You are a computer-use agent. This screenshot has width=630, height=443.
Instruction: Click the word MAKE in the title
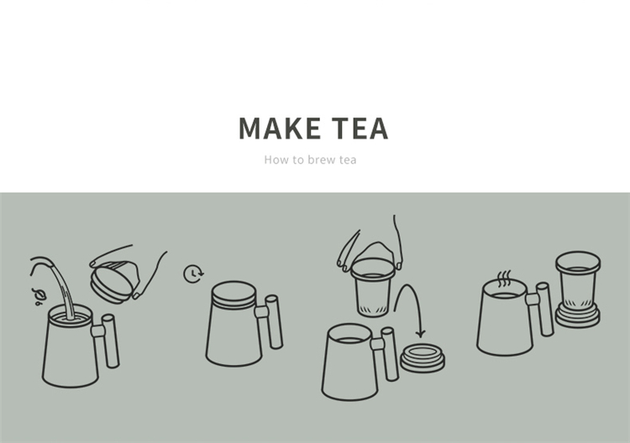click(x=280, y=128)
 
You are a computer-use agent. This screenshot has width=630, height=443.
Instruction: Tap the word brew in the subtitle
click(x=321, y=159)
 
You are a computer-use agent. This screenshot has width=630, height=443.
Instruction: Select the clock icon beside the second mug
click(x=194, y=274)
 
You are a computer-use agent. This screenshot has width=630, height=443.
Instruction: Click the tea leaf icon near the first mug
click(x=39, y=296)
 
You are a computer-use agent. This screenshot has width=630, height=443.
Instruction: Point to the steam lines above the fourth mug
click(x=504, y=279)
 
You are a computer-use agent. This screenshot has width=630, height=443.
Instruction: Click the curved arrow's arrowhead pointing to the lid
click(x=420, y=333)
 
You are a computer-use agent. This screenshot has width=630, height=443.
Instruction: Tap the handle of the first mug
click(x=107, y=341)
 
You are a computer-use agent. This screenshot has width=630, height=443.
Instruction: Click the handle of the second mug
click(x=270, y=322)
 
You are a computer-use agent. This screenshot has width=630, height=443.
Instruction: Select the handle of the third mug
click(x=386, y=353)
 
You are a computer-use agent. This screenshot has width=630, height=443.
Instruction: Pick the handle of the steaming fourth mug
click(x=541, y=309)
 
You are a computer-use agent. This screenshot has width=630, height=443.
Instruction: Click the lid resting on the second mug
click(x=234, y=294)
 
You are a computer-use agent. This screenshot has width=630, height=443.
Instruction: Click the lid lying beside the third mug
click(x=423, y=357)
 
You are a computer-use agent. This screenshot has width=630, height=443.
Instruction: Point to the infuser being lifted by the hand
click(x=372, y=287)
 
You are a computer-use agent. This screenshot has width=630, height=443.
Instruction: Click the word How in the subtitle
click(x=276, y=159)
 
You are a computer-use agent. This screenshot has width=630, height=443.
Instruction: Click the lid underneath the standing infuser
click(x=578, y=317)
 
